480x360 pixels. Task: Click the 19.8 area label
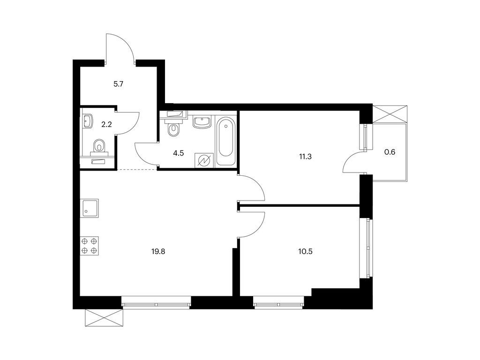click(158, 252)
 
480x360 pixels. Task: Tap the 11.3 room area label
click(305, 157)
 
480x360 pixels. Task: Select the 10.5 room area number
click(305, 252)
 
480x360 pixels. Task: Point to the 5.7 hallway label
click(118, 84)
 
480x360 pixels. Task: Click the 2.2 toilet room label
click(106, 125)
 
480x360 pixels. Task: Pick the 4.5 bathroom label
click(178, 153)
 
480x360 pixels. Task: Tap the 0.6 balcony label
click(390, 152)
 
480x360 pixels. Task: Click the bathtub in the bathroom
click(226, 142)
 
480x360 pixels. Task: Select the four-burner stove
click(90, 246)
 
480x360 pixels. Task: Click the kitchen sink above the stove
click(90, 208)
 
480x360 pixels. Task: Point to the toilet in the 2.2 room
click(98, 147)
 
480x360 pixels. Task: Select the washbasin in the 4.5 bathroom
click(201, 122)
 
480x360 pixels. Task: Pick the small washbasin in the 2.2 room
click(87, 121)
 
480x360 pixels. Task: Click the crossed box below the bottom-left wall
click(104, 318)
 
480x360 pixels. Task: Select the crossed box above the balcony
click(390, 114)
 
